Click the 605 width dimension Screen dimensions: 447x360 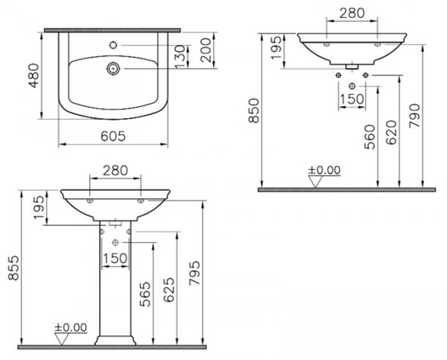[113, 136]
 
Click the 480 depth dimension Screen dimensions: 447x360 [34, 75]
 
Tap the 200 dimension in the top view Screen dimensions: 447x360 [206, 50]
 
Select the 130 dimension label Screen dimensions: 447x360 [180, 57]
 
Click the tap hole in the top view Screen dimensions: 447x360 [113, 45]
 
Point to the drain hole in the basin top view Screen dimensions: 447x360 [113, 69]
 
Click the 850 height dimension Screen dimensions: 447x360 [253, 110]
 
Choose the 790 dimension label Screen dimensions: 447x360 [414, 116]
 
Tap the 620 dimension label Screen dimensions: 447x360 [391, 133]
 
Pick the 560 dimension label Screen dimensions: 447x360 [370, 137]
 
